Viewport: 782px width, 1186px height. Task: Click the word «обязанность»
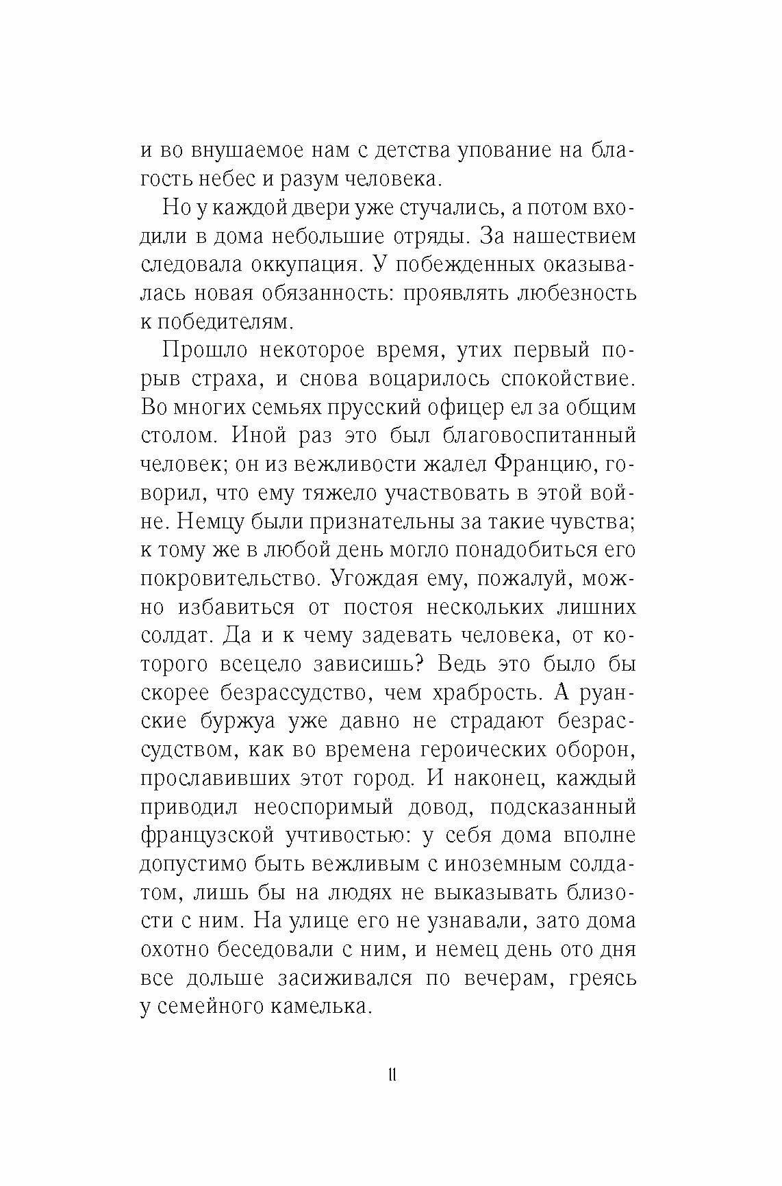320,294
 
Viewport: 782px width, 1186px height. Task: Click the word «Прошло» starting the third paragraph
201,350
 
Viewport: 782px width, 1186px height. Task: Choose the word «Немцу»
213,521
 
